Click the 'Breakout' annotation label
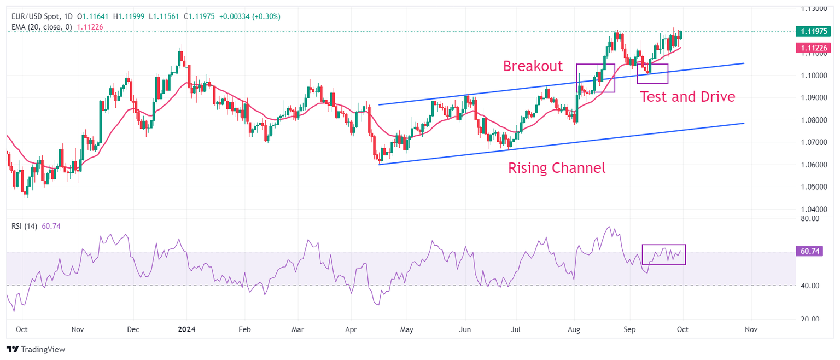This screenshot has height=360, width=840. tap(533, 66)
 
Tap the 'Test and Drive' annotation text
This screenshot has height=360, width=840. tap(687, 97)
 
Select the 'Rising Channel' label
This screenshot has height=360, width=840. tap(557, 168)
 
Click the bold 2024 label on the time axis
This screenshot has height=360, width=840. tap(186, 330)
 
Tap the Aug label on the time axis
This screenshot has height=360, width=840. tap(574, 330)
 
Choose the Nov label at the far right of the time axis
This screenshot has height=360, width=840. tap(751, 330)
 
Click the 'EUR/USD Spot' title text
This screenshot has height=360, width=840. tap(34, 16)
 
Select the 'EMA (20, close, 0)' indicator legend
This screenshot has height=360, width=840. tap(42, 26)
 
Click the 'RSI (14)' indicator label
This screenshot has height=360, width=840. tap(24, 226)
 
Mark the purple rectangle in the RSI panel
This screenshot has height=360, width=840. tap(663, 254)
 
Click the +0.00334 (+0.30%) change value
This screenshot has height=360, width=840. tap(249, 16)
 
